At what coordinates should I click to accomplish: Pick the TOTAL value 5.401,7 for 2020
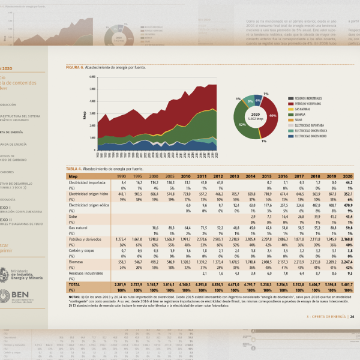[346, 284]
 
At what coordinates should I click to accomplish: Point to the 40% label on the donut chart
[272, 115]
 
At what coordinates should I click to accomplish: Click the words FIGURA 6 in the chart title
[75, 68]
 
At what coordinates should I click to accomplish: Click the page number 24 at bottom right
[352, 316]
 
